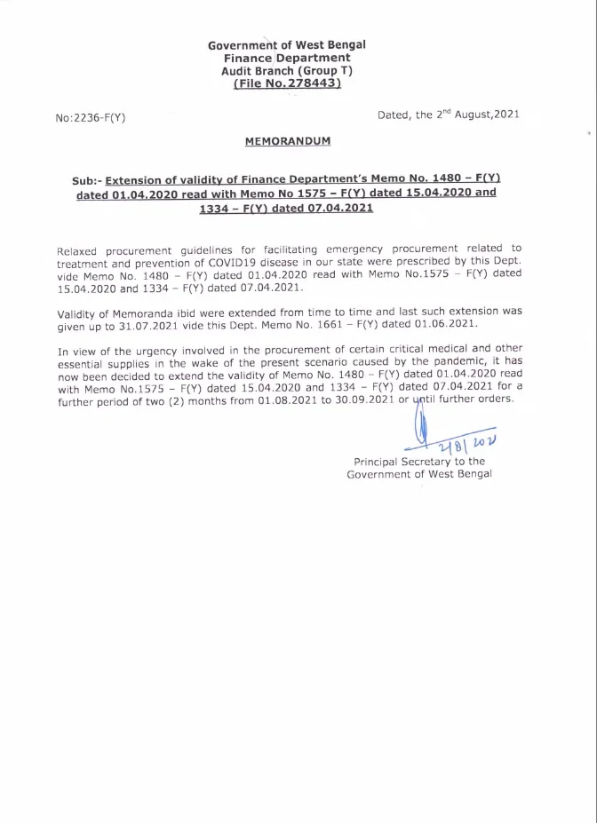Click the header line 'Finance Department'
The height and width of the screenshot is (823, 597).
click(286, 58)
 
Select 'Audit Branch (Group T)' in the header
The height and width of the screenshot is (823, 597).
click(286, 70)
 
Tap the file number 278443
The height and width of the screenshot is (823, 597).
click(306, 83)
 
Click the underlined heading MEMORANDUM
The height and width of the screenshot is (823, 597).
click(287, 141)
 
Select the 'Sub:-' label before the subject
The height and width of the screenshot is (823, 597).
click(86, 179)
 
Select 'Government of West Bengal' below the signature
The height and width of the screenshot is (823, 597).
click(419, 475)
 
